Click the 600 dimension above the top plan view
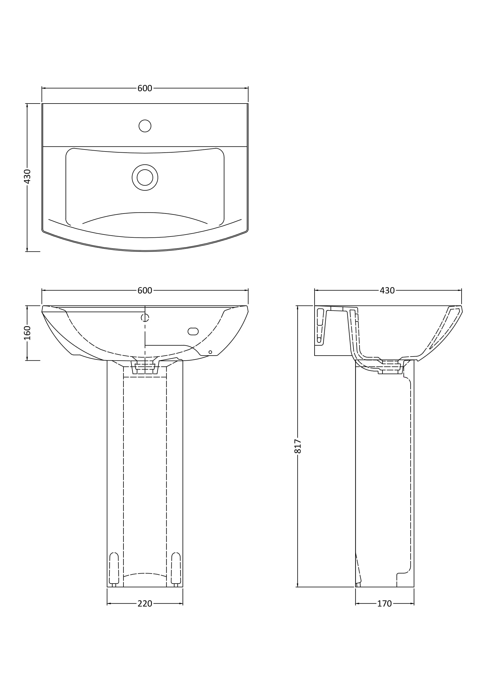pos(145,89)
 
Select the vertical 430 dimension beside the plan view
pos(27,176)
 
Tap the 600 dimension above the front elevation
pos(145,291)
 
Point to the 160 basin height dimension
pos(27,333)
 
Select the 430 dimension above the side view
pos(387,291)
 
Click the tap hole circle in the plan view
pos(145,126)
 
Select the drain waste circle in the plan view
pos(145,177)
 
